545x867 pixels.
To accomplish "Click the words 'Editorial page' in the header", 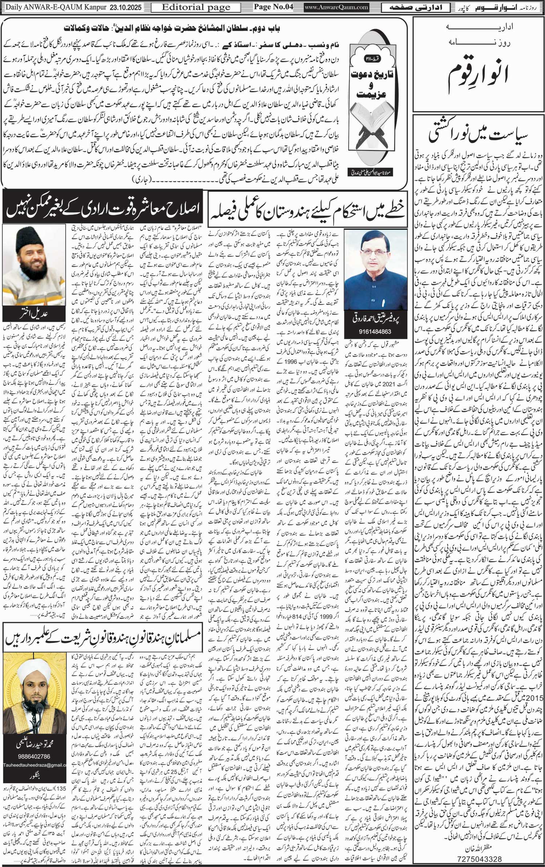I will pyautogui.click(x=196, y=7).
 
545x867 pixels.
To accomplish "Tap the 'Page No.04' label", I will pyautogui.click(x=273, y=7).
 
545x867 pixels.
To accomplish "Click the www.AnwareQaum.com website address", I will pyautogui.click(x=336, y=7).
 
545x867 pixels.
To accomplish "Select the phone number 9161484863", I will pyautogui.click(x=375, y=332).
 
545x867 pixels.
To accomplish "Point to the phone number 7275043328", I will pyautogui.click(x=479, y=859).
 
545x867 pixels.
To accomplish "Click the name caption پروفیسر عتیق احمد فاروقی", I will pyautogui.click(x=375, y=319).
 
